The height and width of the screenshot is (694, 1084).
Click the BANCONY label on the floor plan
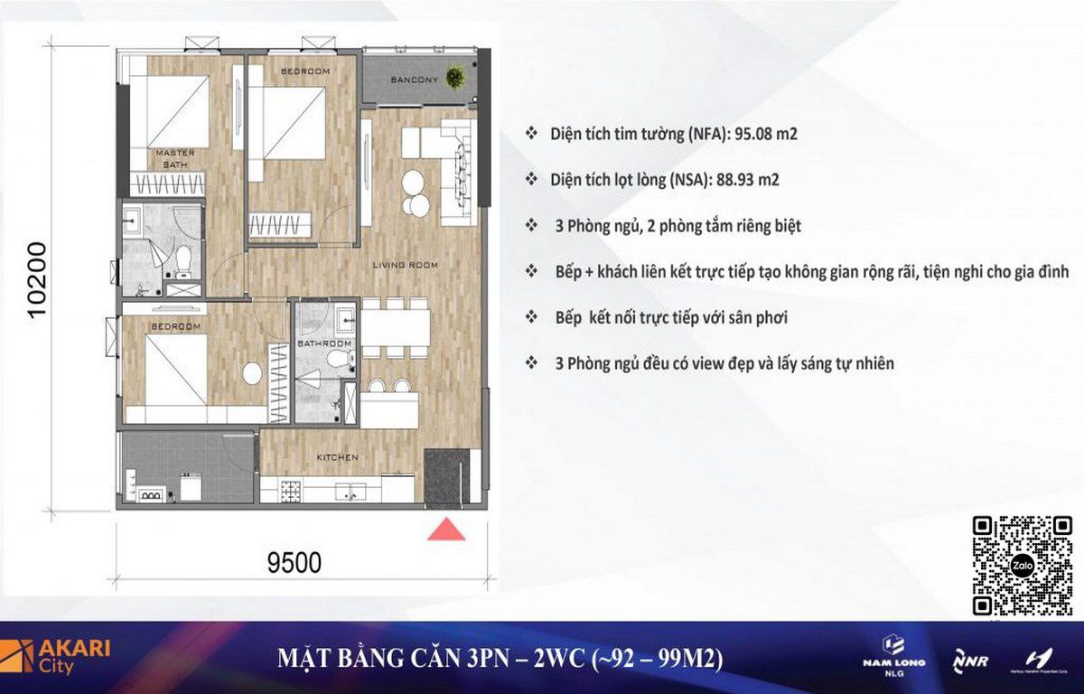[x=415, y=80]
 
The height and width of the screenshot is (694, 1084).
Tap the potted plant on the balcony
[x=456, y=78]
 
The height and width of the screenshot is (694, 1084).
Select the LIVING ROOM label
[x=405, y=265]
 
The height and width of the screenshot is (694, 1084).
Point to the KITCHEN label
[x=337, y=457]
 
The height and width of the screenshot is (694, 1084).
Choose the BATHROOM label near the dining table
[x=323, y=343]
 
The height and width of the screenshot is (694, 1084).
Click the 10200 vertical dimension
[x=37, y=280]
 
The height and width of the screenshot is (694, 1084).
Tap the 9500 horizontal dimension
[x=294, y=563]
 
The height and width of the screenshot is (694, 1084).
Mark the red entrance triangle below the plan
[x=446, y=529]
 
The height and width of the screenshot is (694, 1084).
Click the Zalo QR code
[x=1023, y=566]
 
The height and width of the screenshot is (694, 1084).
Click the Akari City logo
[x=55, y=657]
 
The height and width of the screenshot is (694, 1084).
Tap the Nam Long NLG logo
[x=893, y=657]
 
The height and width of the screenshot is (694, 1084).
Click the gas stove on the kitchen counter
[x=291, y=492]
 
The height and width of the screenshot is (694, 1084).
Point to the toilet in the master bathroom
[x=182, y=261]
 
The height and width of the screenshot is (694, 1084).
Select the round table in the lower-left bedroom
[x=252, y=373]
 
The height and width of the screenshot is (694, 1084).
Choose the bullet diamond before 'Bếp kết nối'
[x=531, y=317]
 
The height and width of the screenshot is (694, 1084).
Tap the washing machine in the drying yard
[x=191, y=487]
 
